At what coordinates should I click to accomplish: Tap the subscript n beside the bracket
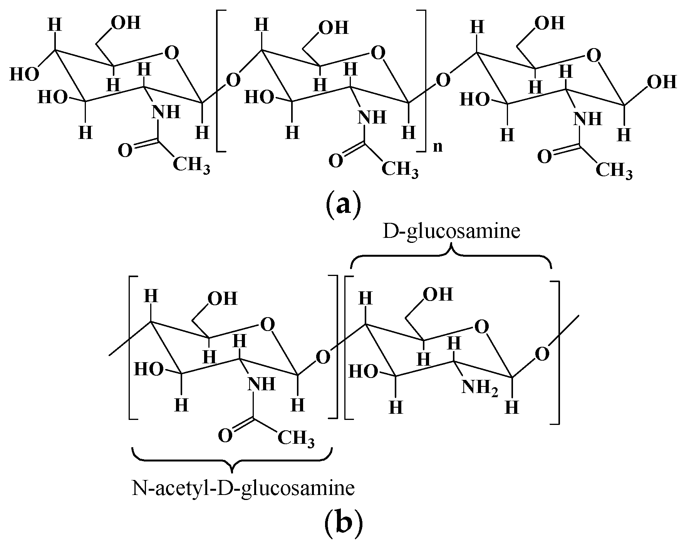point(438,147)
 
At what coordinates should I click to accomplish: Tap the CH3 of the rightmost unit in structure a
point(614,171)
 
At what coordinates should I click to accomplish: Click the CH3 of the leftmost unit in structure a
point(191,166)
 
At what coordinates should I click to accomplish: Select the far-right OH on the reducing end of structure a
point(661,82)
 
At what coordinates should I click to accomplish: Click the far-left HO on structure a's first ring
point(24,74)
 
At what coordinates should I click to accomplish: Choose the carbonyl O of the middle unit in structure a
point(335,161)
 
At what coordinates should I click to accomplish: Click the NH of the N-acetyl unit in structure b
point(261,384)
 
